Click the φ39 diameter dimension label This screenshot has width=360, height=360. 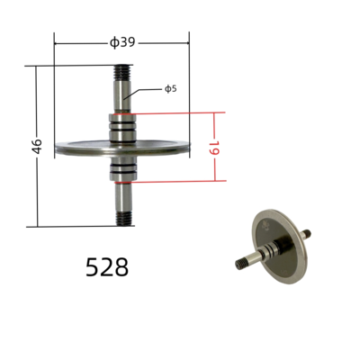coord(122,41)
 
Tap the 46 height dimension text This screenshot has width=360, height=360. coord(37,146)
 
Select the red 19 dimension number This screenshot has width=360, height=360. coord(216,148)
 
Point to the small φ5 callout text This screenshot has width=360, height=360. coord(170,88)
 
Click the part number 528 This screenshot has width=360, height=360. coord(107,267)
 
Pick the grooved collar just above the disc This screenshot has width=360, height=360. coord(121,128)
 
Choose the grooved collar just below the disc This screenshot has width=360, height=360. coord(121,169)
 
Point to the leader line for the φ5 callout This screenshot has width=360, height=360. coord(144,90)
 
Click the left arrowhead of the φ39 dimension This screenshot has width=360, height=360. coord(58,42)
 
